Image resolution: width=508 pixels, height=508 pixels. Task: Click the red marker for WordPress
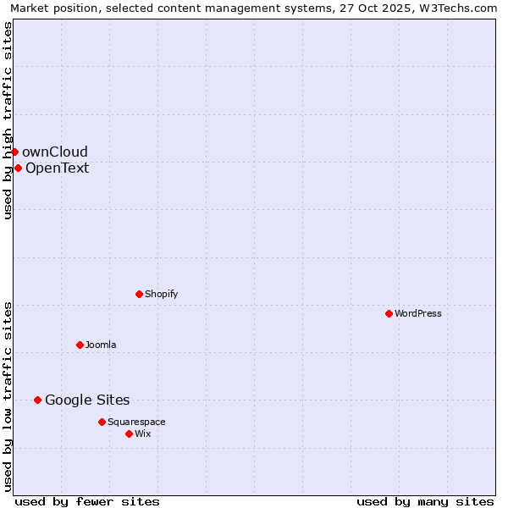[389, 313]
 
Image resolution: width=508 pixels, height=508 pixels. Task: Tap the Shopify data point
[139, 294]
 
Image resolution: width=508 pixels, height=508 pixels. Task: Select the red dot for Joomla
[80, 345]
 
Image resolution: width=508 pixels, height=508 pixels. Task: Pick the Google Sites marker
[37, 400]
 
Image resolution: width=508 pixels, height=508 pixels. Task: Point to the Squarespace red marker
[102, 422]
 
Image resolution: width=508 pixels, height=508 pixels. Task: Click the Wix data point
[129, 433]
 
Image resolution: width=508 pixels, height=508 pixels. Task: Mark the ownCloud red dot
[14, 152]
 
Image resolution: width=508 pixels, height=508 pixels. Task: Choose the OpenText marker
[18, 168]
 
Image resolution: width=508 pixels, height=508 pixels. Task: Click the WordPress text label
[418, 313]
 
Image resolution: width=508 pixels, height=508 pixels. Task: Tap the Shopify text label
[162, 294]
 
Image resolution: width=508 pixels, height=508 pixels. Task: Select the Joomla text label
[101, 345]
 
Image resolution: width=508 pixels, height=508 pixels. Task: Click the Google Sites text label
[87, 400]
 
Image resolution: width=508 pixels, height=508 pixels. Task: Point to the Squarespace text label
[136, 422]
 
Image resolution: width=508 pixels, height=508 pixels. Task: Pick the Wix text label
[143, 433]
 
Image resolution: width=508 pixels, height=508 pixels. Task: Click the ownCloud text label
[55, 152]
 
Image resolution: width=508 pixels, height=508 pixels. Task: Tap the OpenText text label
[58, 168]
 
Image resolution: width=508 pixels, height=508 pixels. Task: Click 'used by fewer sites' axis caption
[87, 501]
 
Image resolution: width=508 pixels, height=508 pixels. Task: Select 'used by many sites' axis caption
[425, 501]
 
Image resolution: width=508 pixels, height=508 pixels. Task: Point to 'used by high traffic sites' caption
[8, 120]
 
